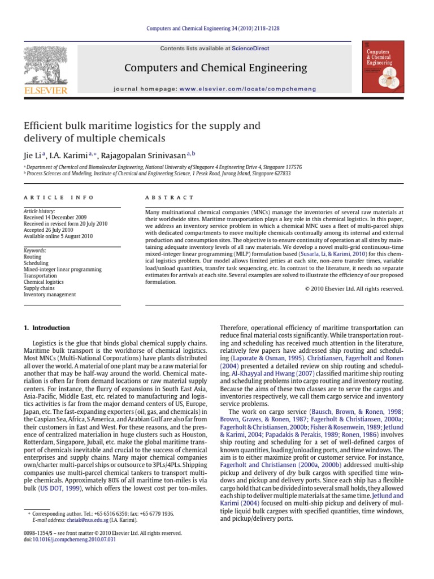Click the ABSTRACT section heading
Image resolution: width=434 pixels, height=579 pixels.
[x=170, y=197]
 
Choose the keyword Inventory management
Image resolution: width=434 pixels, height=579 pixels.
[x=49, y=295]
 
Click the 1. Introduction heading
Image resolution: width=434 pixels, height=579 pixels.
[x=46, y=327]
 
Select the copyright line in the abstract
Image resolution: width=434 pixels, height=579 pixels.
[x=354, y=288]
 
